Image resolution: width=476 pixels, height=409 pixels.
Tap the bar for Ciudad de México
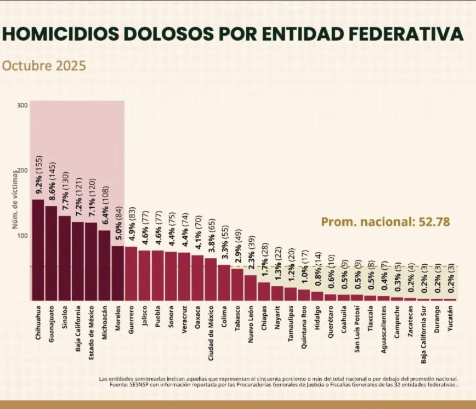(211, 280)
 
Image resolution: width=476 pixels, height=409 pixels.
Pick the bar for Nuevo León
(250, 288)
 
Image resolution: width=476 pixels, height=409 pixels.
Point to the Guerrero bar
(131, 274)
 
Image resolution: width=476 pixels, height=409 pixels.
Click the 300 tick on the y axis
(22, 105)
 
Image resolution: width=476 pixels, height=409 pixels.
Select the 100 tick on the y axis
(22, 236)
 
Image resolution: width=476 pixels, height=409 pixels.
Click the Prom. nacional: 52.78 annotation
(377, 222)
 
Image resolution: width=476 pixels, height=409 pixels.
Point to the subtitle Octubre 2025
(44, 66)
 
